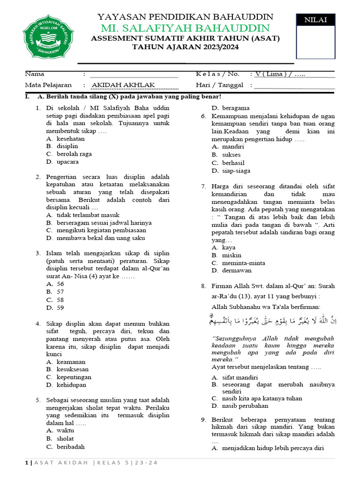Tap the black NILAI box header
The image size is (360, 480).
[315, 20]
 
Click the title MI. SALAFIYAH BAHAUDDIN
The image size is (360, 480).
[186, 28]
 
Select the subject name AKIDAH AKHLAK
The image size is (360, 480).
[123, 85]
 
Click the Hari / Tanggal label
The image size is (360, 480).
[219, 85]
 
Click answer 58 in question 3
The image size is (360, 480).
[60, 300]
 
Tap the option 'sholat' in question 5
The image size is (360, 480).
[65, 438]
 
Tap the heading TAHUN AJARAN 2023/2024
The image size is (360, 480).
[185, 47]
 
